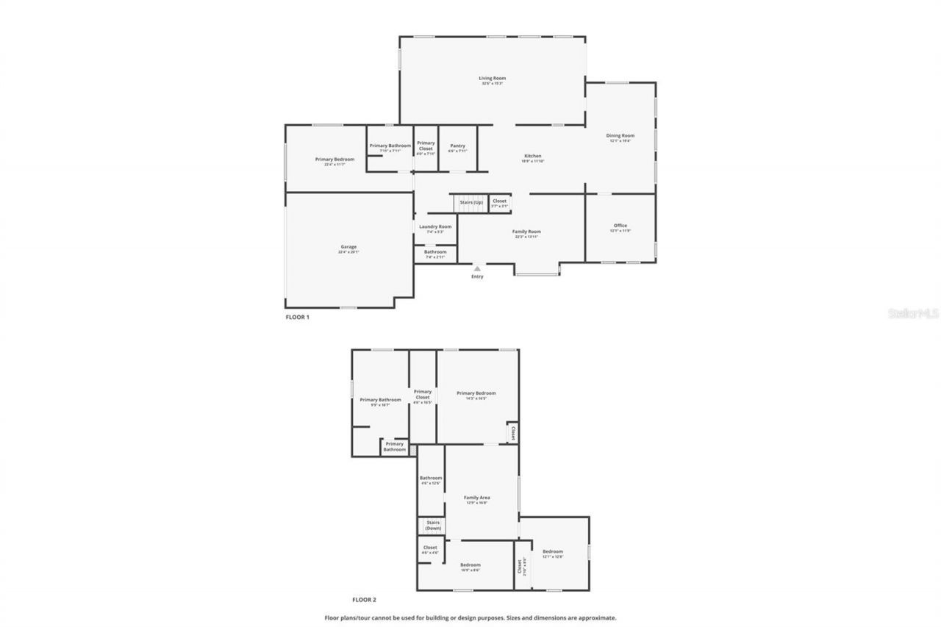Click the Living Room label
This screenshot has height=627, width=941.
click(492, 79)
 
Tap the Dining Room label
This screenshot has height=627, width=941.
click(620, 136)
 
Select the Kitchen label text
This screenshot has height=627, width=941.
click(532, 156)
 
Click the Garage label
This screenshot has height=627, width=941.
click(348, 247)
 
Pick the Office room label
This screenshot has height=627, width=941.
click(620, 226)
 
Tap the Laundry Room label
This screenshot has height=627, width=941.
click(435, 226)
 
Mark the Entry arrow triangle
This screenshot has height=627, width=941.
click(477, 269)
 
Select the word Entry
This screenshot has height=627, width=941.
click(477, 276)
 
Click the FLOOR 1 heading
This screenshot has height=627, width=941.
click(297, 317)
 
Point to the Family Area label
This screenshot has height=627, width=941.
click(476, 498)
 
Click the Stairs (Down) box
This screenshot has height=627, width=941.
click(432, 526)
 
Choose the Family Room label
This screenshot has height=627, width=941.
click(526, 232)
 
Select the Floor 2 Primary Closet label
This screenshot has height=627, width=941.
click(423, 395)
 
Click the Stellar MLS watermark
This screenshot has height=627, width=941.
click(913, 313)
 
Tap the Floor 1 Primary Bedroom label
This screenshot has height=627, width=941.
click(334, 160)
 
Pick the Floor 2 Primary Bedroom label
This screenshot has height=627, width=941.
click(476, 393)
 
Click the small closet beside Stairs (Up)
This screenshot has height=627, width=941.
click(499, 203)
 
